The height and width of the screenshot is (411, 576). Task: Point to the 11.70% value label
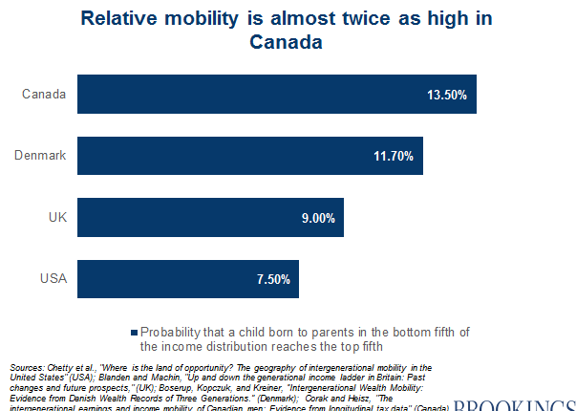(393, 156)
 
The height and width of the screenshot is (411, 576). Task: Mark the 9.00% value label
(317, 218)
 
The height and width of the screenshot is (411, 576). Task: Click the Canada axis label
(45, 94)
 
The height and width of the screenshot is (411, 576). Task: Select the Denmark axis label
(41, 156)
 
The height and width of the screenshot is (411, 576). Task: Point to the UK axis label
(55, 217)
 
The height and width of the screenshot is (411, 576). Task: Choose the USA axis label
(52, 279)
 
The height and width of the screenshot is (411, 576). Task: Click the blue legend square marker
(134, 333)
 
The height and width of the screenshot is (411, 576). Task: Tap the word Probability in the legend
(170, 332)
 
